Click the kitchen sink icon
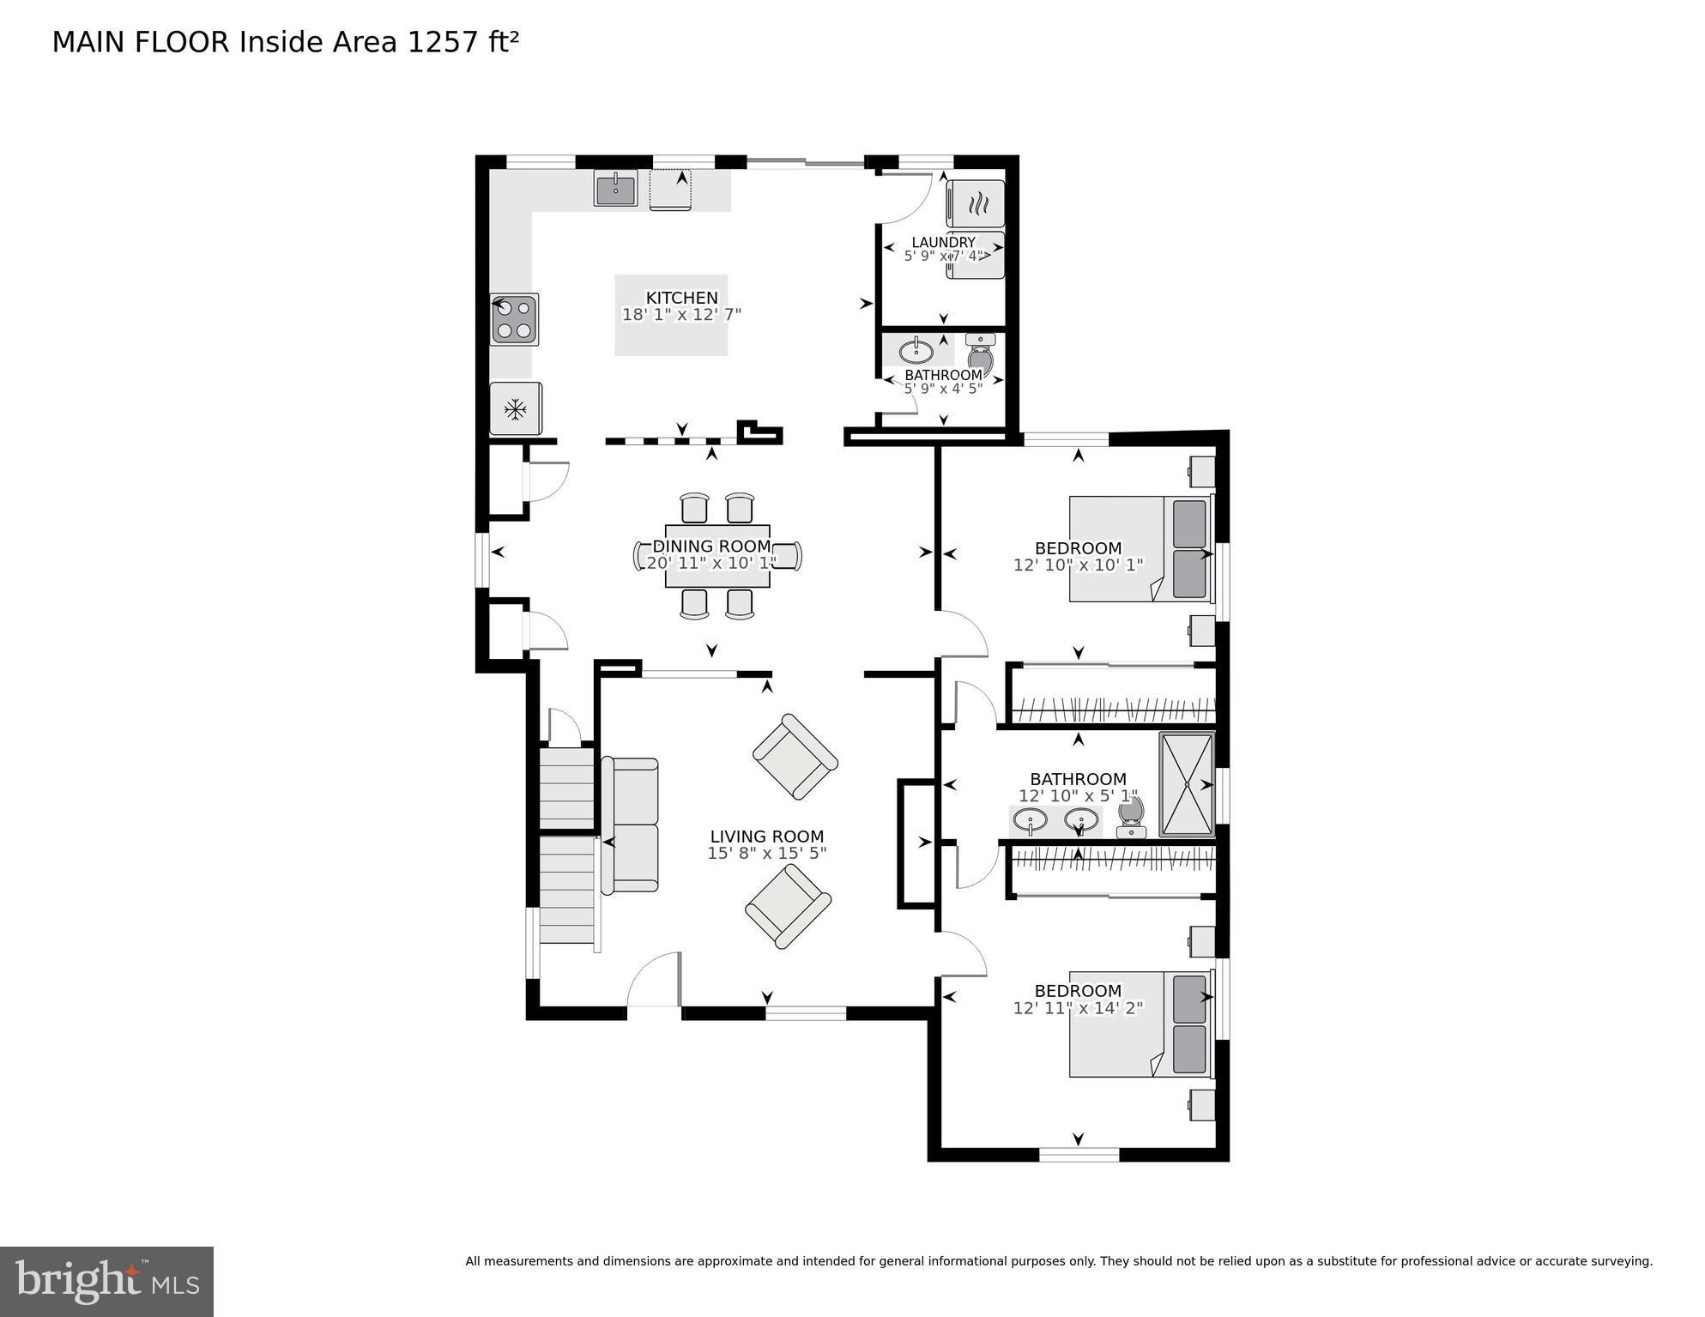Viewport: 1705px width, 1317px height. click(615, 189)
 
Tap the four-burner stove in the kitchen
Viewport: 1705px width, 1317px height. click(514, 319)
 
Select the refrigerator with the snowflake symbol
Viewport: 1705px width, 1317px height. click(515, 409)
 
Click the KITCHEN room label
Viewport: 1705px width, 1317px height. click(681, 298)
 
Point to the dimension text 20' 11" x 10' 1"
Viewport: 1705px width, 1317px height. click(711, 563)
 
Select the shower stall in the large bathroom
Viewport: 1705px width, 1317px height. click(1187, 783)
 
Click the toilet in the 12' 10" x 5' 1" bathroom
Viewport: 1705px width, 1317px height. click(1132, 817)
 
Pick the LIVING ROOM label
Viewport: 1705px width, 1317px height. click(766, 837)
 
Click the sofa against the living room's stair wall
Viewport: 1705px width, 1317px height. click(632, 825)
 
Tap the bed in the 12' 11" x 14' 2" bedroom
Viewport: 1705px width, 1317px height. click(1139, 1024)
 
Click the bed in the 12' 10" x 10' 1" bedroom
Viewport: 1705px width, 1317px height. click(1139, 548)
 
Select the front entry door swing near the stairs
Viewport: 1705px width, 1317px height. click(655, 981)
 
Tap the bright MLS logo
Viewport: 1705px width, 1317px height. click(106, 1281)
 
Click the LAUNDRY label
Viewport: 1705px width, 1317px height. click(943, 242)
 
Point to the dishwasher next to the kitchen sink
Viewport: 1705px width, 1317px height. click(670, 190)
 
